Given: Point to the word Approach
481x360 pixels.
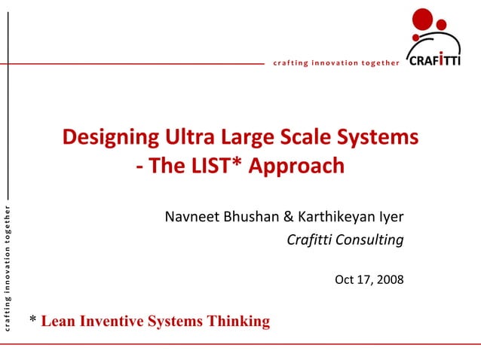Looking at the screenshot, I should click(297, 166).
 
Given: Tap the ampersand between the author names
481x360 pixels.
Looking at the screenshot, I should click(289, 218).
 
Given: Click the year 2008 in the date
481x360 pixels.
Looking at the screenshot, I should click(389, 280).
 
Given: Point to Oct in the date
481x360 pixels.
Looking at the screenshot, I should click(344, 280).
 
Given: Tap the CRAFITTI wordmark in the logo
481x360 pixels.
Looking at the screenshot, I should click(434, 61).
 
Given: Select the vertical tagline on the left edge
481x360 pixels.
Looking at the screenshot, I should click(7, 268).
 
